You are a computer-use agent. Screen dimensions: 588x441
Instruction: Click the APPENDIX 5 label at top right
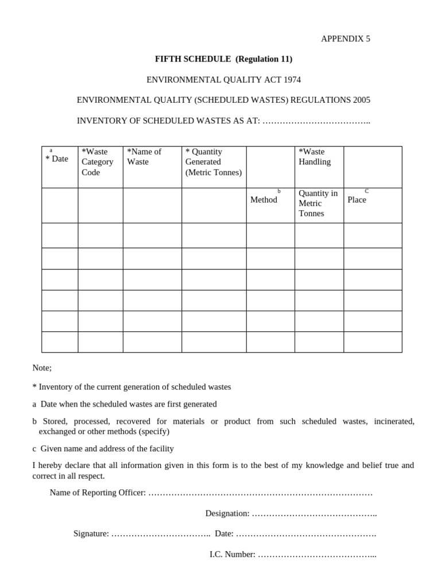(x=345, y=39)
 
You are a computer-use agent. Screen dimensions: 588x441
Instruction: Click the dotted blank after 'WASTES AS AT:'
(x=316, y=121)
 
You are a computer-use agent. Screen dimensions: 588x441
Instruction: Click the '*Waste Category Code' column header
(x=98, y=162)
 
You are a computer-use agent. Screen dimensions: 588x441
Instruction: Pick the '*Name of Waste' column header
(x=144, y=157)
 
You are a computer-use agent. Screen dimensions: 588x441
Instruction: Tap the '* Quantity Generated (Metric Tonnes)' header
(x=213, y=162)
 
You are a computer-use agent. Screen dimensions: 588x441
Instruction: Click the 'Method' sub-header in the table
(x=264, y=200)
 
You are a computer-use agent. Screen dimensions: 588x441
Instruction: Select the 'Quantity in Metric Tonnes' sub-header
(x=318, y=203)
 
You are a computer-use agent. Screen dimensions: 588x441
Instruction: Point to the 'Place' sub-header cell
(x=357, y=200)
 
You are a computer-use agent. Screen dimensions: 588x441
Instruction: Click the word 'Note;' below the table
(x=42, y=368)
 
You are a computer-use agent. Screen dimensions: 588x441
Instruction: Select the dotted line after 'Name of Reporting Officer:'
(x=260, y=493)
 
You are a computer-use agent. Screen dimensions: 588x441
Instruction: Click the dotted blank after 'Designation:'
(x=315, y=513)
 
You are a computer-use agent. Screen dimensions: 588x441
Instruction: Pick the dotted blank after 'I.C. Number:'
(x=318, y=555)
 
